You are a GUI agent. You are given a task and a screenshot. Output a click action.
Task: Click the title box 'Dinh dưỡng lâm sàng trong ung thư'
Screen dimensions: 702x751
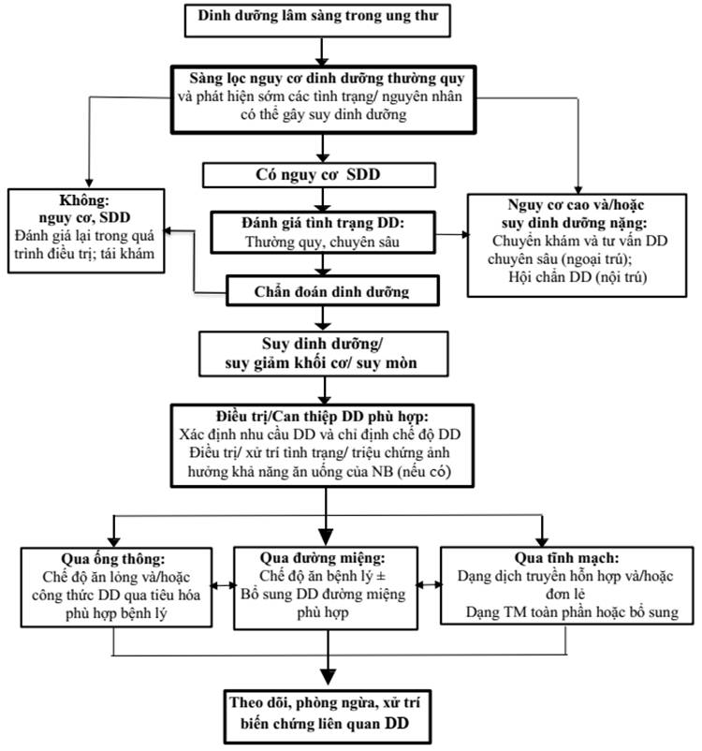317,21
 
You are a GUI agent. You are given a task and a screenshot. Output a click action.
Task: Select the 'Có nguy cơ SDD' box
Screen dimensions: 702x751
319,175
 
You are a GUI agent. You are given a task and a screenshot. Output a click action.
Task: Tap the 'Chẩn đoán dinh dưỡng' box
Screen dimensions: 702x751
332,290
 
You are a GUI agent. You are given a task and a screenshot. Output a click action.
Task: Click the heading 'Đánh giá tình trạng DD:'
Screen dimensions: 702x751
323,223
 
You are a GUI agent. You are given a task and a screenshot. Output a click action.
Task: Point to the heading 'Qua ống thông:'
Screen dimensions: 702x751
113,559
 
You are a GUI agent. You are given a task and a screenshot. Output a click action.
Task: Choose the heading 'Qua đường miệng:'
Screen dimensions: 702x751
322,558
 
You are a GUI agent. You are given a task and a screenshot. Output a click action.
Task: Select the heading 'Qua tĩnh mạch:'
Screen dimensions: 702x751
566,558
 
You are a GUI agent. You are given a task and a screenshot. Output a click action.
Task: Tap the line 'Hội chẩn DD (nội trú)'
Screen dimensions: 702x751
578,277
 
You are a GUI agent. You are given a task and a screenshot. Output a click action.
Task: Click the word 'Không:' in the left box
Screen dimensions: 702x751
84,200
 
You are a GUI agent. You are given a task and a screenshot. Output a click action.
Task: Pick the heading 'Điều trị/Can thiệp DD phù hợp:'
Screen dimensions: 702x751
322,416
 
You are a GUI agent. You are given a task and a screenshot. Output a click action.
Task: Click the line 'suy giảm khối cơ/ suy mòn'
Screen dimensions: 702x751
321,363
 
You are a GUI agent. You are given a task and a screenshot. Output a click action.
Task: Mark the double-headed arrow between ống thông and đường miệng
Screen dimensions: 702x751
224,585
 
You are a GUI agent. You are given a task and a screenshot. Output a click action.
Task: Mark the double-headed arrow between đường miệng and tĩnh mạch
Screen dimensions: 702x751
429,585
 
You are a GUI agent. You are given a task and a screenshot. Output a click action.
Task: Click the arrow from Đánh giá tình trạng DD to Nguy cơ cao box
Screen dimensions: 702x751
452,235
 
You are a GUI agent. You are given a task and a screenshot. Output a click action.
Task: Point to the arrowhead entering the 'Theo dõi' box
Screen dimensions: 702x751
328,676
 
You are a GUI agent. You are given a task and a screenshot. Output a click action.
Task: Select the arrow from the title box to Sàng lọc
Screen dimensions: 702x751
322,52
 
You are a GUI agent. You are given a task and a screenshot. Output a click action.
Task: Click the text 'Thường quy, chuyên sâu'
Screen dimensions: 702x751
322,242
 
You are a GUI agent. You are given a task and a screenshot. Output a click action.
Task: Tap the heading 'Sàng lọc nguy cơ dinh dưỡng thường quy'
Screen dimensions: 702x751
327,78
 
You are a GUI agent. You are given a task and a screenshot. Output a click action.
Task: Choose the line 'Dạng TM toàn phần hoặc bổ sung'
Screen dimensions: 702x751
572,612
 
